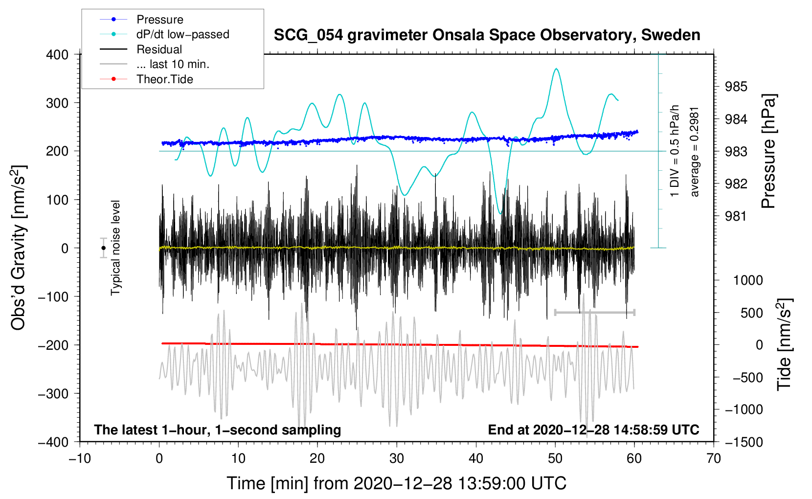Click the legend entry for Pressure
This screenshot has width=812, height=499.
click(159, 20)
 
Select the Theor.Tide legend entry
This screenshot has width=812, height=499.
click(164, 79)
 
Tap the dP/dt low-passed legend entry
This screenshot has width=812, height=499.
click(182, 34)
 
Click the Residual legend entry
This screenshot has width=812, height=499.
click(159, 49)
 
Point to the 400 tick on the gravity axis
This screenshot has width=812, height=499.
click(58, 55)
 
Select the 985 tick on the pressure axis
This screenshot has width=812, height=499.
click(736, 87)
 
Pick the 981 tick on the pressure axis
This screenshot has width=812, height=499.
click(736, 216)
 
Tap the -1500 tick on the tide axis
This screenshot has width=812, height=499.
click(744, 442)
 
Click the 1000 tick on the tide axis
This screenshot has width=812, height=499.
click(748, 280)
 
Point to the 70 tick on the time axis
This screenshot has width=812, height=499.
click(714, 458)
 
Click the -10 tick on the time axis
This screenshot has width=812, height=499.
click(80, 458)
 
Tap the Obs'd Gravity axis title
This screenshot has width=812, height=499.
click(19, 248)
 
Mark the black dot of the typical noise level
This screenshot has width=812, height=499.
click(103, 248)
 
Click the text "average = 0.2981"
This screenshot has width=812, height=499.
click(695, 152)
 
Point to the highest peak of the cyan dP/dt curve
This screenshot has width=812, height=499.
click(556, 69)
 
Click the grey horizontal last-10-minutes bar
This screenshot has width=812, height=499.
click(594, 312)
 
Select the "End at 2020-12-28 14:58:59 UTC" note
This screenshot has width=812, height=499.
click(593, 430)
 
